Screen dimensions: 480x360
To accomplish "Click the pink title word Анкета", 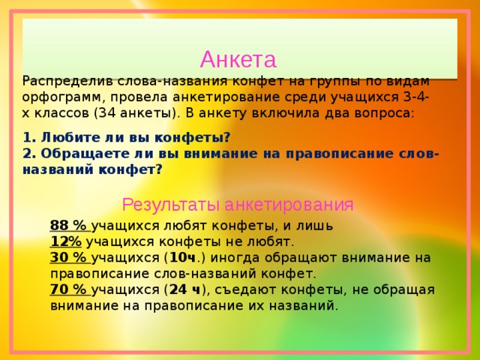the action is point(238,59).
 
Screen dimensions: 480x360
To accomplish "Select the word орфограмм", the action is point(64,98).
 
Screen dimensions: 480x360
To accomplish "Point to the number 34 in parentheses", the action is point(106,113).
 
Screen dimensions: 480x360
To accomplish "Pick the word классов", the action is point(61,114).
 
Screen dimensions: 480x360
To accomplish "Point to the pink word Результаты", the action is point(171,205).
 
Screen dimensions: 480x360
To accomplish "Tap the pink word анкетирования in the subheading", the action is point(289,205).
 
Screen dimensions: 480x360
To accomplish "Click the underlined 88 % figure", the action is point(70,226).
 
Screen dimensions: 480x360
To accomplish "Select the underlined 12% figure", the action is point(66,241).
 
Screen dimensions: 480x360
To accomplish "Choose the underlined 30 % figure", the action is point(70,258).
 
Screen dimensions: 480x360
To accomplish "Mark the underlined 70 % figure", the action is point(70,289).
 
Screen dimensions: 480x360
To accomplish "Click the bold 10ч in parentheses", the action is point(182,258).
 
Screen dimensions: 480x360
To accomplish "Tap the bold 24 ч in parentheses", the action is point(184,289).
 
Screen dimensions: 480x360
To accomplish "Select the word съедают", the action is point(245,290).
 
